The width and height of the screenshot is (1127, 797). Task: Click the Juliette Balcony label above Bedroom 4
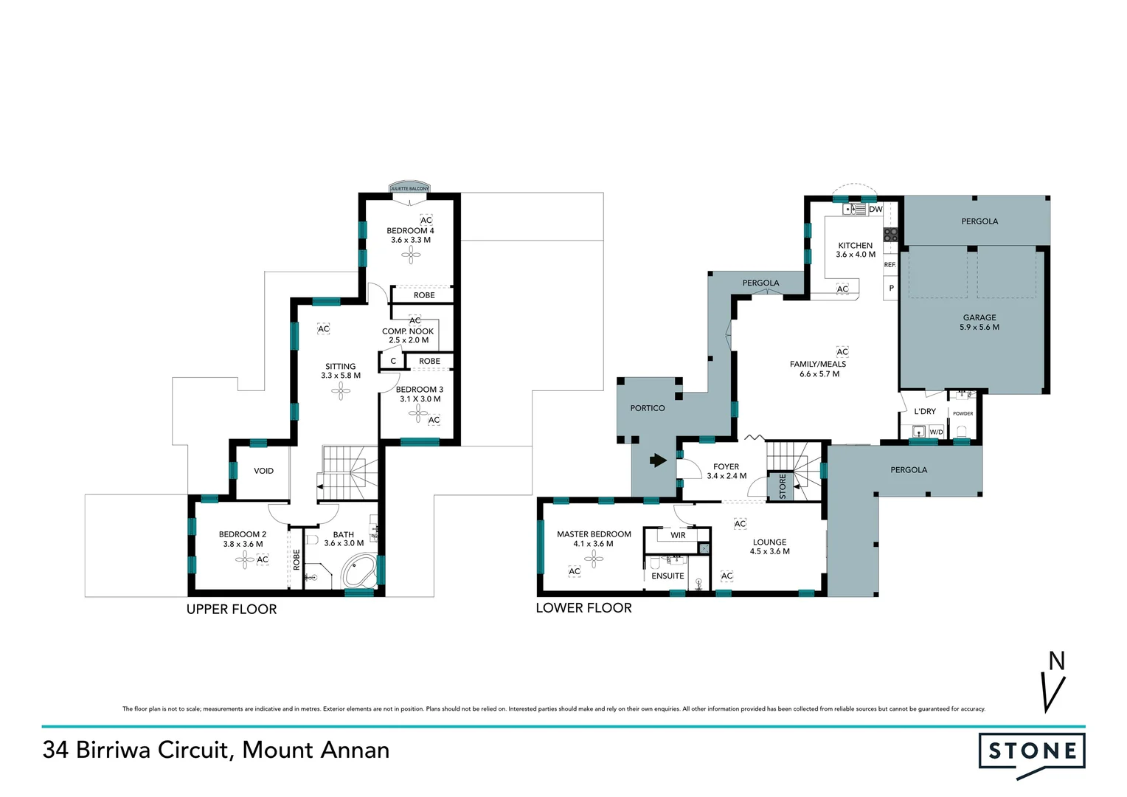pos(409,189)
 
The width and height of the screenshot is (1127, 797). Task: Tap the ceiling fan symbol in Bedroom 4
pos(411,255)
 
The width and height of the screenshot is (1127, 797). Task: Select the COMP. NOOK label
pos(408,331)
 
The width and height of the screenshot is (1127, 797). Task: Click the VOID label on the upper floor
pos(263,471)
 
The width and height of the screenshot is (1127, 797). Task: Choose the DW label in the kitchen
pos(875,210)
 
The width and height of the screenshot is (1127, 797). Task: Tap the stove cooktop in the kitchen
pos(891,235)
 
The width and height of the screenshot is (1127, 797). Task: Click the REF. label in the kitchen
pos(890,264)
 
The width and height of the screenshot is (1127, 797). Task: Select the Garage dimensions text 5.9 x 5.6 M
pos(979,328)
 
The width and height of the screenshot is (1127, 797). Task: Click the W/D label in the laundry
pos(936,432)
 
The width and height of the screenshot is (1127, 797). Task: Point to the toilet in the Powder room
pos(961,431)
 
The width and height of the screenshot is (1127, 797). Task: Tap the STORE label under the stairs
pos(783,486)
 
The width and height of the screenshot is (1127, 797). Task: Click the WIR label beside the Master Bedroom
pos(678,535)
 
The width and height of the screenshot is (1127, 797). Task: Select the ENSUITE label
pos(667,576)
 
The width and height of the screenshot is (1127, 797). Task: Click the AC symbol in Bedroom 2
pos(263,559)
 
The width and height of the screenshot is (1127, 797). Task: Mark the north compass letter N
pos(1057,661)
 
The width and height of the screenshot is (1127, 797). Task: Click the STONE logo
pos(1032,751)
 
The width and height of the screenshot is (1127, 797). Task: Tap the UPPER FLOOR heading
pos(232,610)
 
